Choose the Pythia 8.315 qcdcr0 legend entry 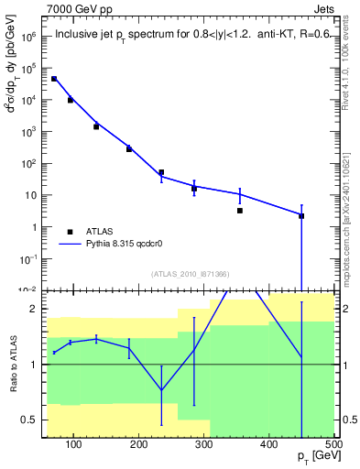click(x=130, y=245)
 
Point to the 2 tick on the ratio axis click(x=34, y=309)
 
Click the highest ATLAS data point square click(x=54, y=79)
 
